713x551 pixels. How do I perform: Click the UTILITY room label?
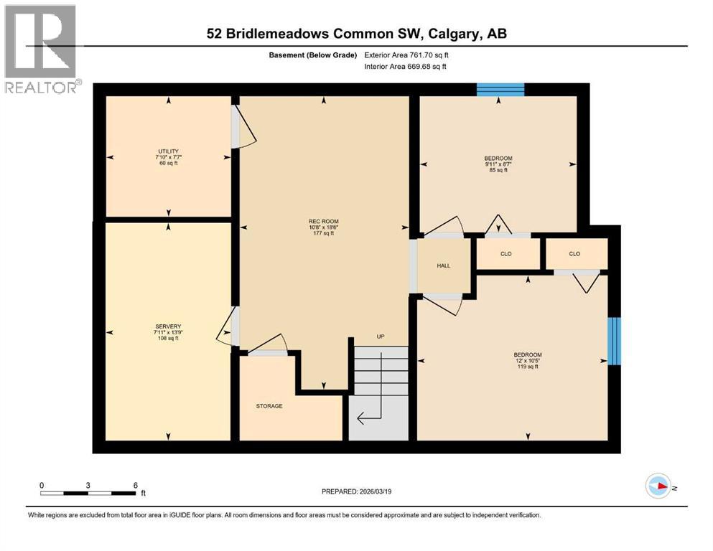[169, 151]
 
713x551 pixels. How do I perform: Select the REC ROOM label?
[324, 221]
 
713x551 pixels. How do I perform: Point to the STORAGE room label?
[269, 406]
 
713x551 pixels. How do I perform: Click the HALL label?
[443, 266]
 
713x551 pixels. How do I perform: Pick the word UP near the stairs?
[381, 336]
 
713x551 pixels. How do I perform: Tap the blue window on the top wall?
[500, 90]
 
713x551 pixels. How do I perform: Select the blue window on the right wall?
[614, 341]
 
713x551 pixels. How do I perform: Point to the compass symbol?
[658, 486]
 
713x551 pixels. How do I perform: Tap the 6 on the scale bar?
[135, 485]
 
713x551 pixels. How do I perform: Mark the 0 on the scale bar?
[42, 485]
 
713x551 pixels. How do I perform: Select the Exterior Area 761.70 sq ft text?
[410, 55]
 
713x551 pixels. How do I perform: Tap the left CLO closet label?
[506, 254]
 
